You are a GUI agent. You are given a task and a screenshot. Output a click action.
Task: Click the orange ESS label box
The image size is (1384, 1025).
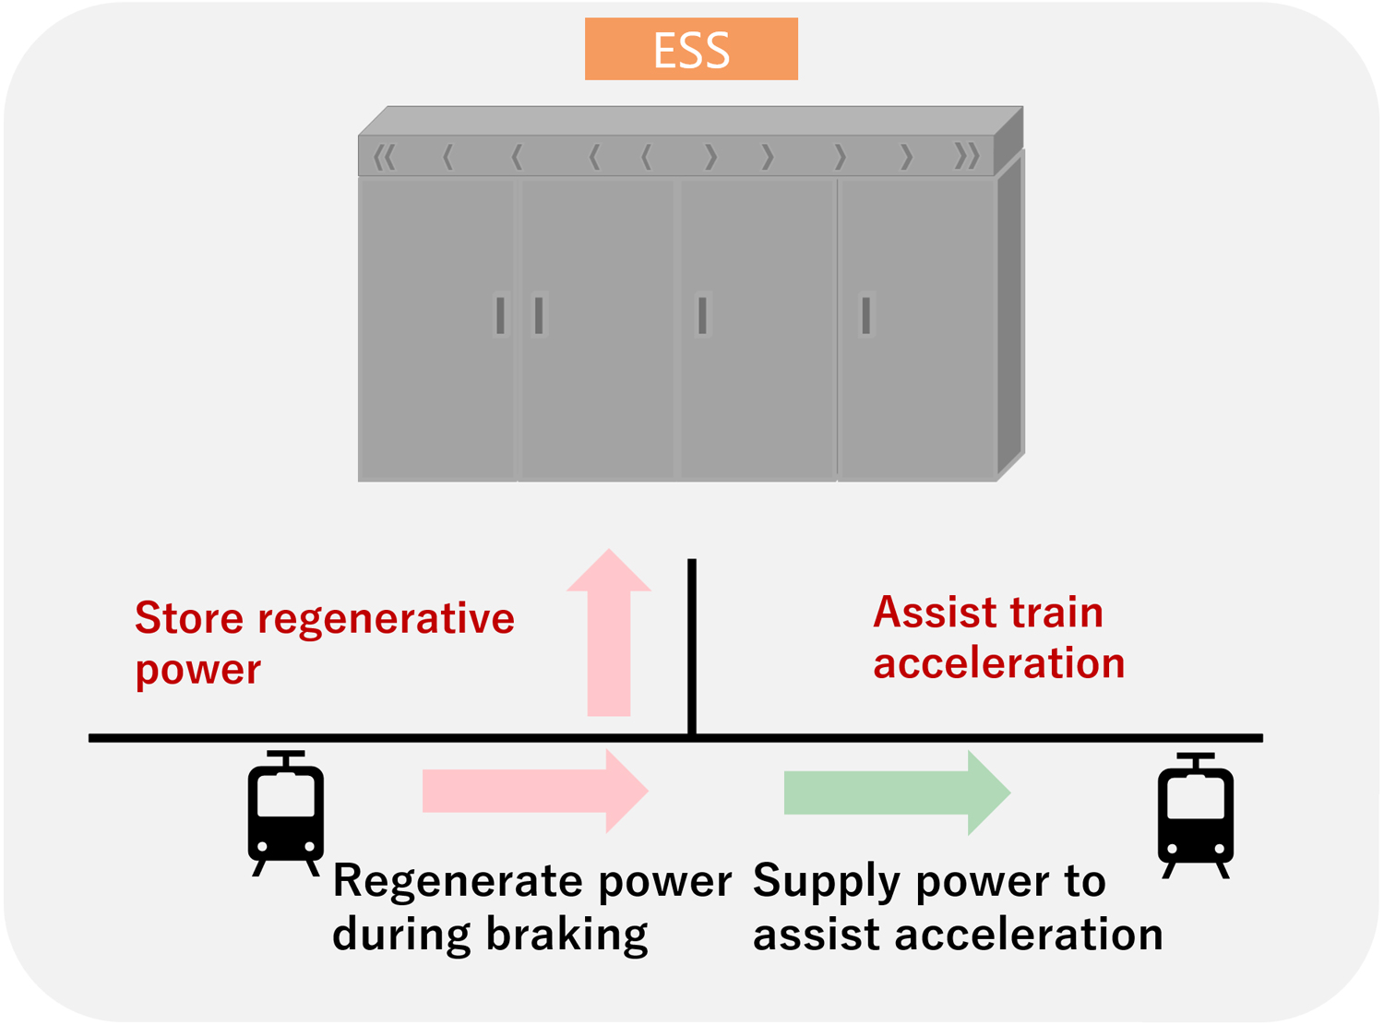click(691, 50)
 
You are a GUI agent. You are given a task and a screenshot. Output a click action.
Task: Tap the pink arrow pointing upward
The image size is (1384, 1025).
click(609, 637)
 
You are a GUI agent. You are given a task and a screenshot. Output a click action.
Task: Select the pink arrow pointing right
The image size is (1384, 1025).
click(535, 791)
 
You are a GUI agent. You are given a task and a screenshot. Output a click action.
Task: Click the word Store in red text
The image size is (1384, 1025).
click(190, 618)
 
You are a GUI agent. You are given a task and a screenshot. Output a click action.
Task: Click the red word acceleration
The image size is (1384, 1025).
click(999, 664)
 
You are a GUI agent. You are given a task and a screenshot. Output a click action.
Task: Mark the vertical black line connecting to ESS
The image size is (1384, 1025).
click(692, 646)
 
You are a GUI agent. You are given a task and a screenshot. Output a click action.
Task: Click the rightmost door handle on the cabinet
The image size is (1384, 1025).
click(865, 316)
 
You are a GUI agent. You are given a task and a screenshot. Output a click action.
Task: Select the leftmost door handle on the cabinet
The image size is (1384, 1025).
click(500, 316)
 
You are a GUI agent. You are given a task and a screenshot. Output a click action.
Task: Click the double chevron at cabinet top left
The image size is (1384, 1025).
click(385, 158)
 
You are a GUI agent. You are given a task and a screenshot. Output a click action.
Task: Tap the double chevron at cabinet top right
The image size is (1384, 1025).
click(966, 157)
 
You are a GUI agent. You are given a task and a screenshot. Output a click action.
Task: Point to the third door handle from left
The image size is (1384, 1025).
click(702, 316)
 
